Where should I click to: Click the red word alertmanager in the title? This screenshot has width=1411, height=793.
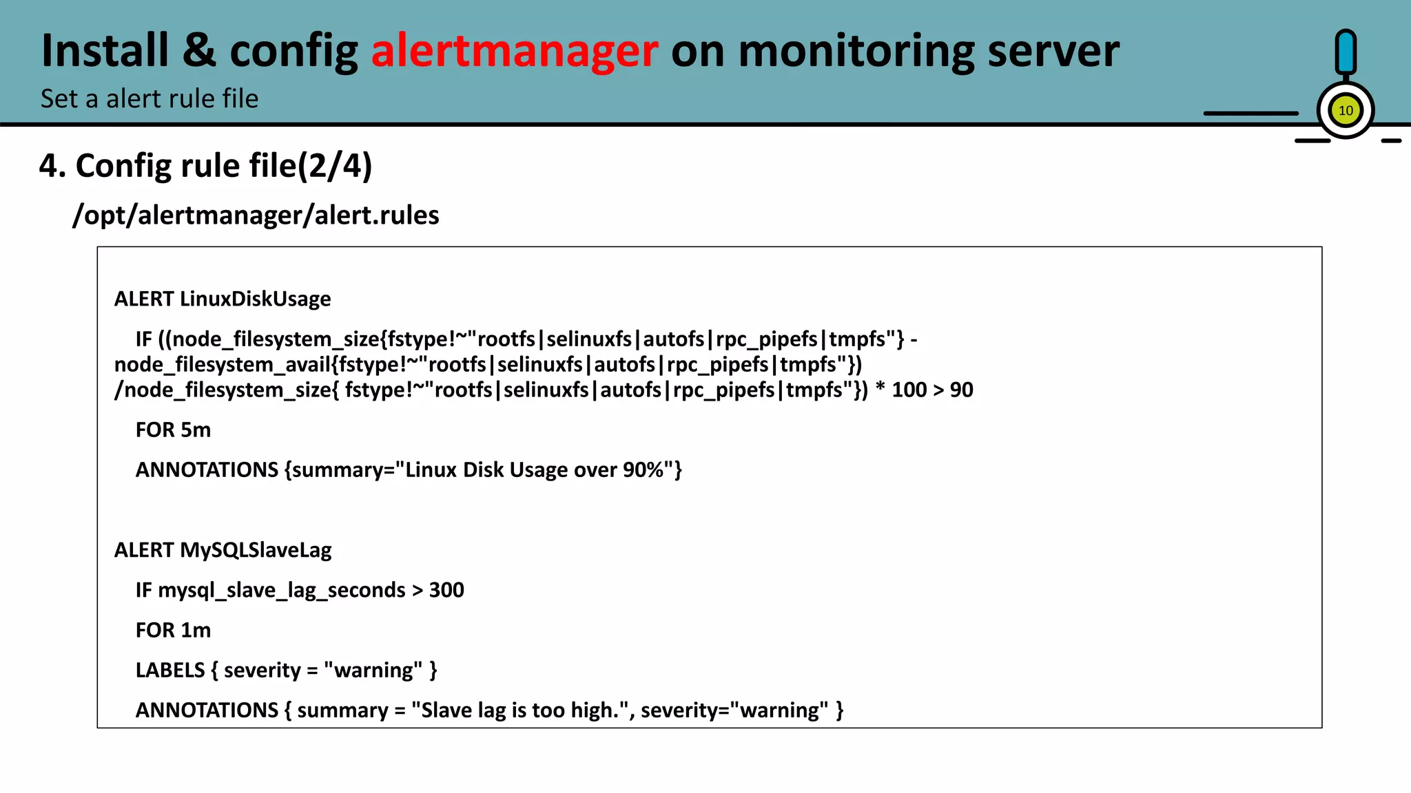[514, 51]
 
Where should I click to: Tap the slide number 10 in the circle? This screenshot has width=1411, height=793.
[1345, 111]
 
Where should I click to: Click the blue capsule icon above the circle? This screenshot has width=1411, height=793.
[1345, 52]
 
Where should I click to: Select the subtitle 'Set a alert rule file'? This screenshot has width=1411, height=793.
[150, 98]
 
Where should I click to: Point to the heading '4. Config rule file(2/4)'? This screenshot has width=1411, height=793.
[205, 166]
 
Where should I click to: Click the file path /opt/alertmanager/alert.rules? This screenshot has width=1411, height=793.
[256, 215]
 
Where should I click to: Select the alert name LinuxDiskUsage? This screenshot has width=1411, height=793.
[255, 299]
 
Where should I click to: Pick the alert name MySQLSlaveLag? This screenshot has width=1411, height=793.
[256, 550]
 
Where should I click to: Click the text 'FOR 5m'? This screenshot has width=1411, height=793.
[173, 430]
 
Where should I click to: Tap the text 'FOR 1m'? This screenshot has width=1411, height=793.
[173, 630]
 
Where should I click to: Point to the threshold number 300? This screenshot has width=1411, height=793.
[446, 590]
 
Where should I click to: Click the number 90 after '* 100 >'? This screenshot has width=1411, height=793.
[961, 390]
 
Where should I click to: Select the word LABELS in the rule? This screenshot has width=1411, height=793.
[170, 670]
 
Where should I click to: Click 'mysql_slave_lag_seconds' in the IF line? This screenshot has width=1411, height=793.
[281, 591]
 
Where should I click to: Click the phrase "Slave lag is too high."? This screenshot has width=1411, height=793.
[520, 710]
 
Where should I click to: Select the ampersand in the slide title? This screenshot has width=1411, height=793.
[199, 51]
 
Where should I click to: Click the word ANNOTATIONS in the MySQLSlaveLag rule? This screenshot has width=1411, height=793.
[207, 710]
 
